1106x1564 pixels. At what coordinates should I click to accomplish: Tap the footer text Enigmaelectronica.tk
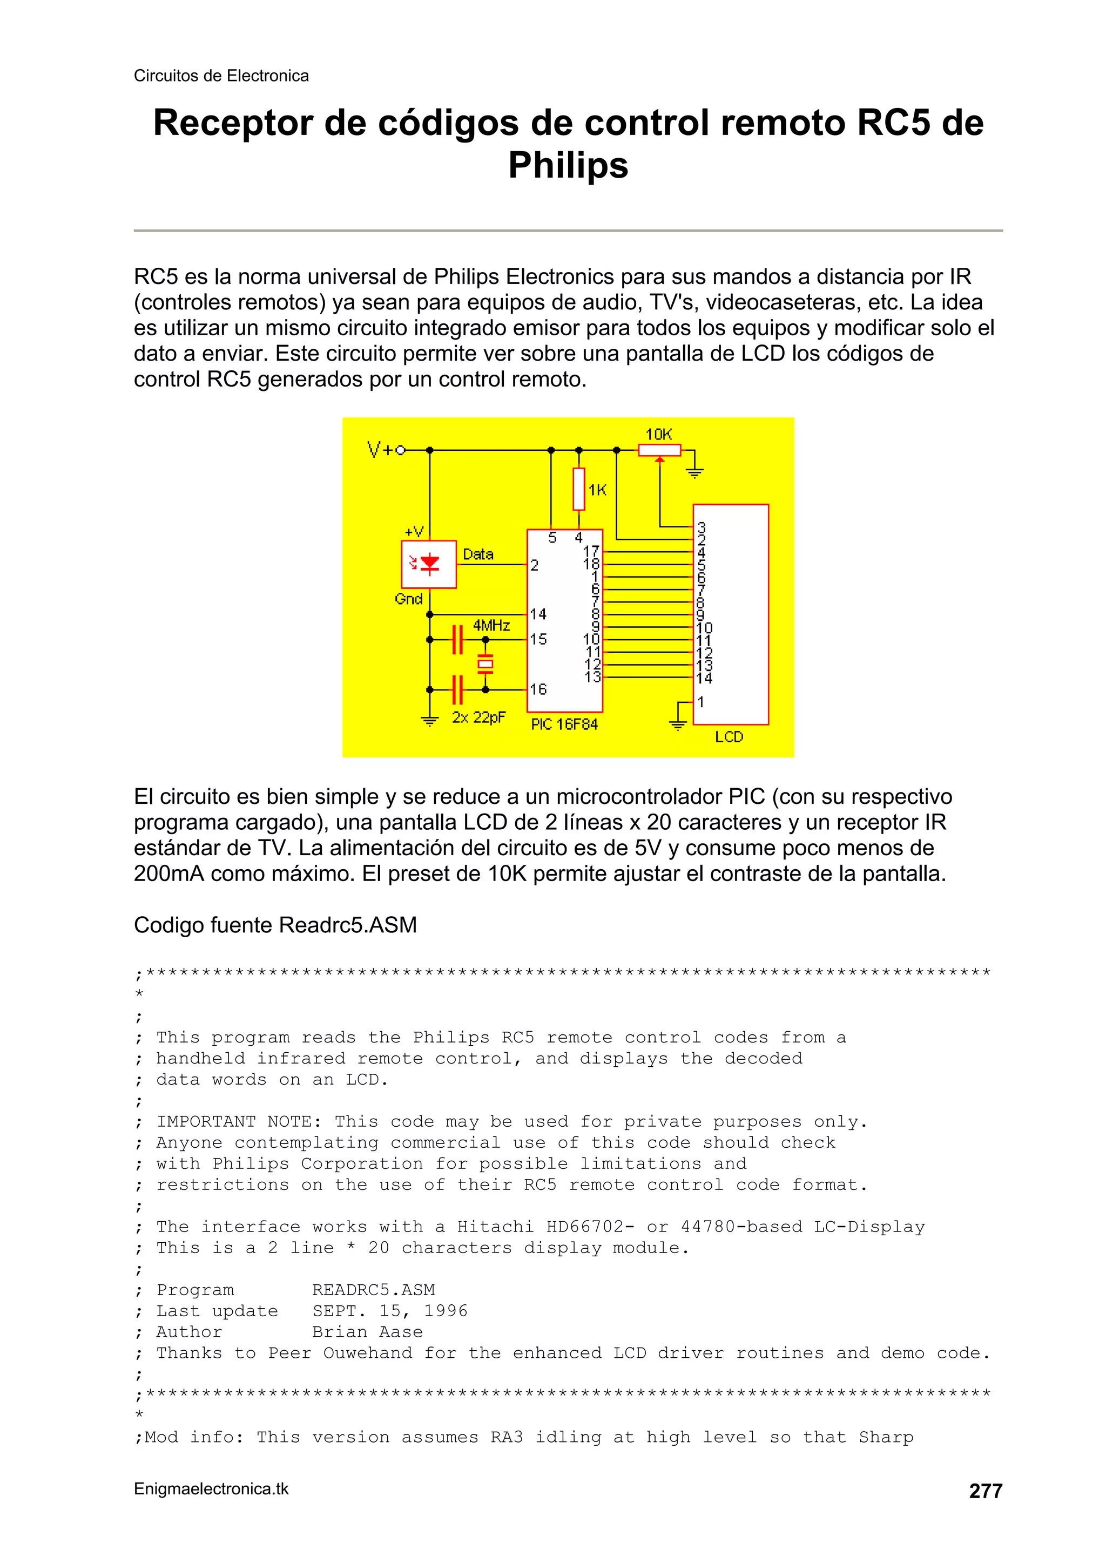[211, 1488]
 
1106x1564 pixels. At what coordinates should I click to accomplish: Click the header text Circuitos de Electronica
[221, 76]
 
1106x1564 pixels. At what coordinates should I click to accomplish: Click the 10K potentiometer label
[658, 434]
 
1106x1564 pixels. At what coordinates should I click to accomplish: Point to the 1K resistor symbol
[578, 489]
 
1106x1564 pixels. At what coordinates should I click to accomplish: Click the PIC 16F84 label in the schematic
[564, 724]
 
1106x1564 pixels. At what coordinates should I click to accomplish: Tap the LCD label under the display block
[729, 736]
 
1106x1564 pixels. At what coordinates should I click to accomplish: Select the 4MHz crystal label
[491, 625]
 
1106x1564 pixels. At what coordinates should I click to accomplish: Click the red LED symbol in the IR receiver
[429, 563]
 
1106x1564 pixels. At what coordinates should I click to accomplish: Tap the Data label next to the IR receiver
[478, 554]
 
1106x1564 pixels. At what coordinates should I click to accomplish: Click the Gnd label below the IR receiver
[409, 599]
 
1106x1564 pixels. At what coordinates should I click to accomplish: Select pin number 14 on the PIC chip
[538, 614]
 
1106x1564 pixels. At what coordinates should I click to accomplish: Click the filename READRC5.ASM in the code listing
[373, 1290]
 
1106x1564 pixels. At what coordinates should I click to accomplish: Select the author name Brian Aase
[367, 1332]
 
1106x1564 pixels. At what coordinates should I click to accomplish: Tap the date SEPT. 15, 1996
[390, 1311]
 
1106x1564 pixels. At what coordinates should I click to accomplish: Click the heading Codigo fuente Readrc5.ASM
[275, 924]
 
